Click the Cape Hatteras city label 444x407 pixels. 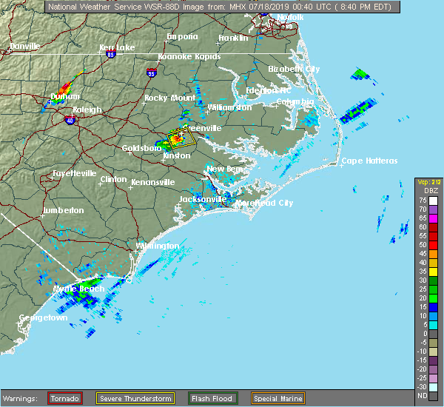tap(369, 161)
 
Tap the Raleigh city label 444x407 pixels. tap(87, 110)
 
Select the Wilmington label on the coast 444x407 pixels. tap(157, 246)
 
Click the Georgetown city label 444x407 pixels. tap(44, 318)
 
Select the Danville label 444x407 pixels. tap(24, 46)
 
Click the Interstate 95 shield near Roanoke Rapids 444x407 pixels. tap(152, 73)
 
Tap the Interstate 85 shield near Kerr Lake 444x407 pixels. tap(110, 54)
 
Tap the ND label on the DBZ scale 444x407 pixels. tap(421, 396)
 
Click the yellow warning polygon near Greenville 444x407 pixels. tap(180, 138)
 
